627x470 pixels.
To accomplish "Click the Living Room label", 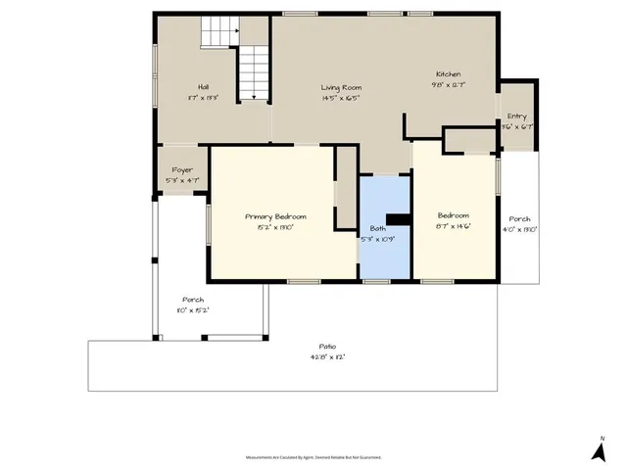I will [x=340, y=88].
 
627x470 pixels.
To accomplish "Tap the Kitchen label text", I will [x=448, y=74].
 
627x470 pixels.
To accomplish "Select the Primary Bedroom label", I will [x=275, y=216].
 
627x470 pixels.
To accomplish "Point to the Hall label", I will [x=203, y=87].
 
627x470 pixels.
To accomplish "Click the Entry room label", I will [x=516, y=116].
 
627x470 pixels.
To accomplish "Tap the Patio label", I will [x=327, y=347].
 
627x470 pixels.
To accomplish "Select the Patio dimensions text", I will [x=327, y=357].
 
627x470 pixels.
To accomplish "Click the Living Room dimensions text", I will [x=340, y=98].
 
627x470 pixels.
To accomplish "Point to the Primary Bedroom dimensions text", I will [x=275, y=227].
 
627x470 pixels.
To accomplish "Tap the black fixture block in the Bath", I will [x=397, y=220].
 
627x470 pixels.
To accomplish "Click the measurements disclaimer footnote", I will [x=313, y=457].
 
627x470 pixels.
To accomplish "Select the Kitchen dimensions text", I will [x=448, y=85].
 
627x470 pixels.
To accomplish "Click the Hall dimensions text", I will [x=203, y=98].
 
